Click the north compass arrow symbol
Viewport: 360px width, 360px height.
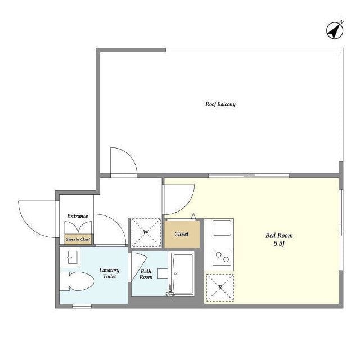coord(335,30)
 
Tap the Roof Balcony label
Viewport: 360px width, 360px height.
coord(220,104)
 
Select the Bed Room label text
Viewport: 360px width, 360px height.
coord(279,235)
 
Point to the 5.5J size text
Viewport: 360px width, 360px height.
coord(279,244)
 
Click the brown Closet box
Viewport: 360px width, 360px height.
coord(182,234)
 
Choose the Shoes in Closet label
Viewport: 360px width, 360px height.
coord(78,239)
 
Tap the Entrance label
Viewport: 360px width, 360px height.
coord(78,216)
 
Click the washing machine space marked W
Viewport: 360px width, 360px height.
coord(146,232)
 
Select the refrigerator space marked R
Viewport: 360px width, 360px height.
coord(220,287)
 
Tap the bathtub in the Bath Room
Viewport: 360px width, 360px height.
coord(183,273)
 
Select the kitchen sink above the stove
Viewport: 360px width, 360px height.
coord(222,227)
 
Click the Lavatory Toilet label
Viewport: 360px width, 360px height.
coord(109,273)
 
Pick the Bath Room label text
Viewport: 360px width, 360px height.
coord(146,274)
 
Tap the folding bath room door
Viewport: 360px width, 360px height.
coord(138,266)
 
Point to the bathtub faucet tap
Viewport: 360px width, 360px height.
coord(170,291)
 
